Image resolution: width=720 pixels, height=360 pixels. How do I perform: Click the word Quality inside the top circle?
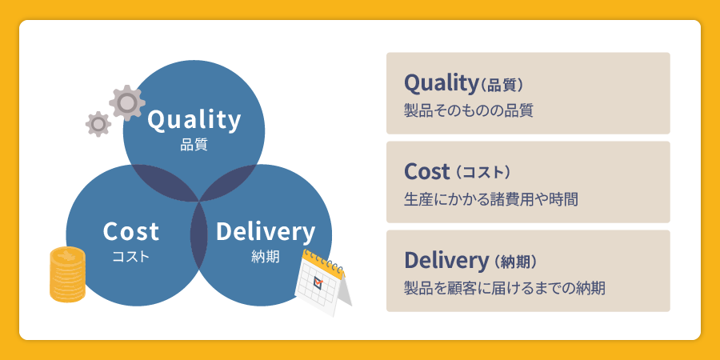point(194,120)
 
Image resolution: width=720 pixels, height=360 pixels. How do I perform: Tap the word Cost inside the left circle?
point(131,232)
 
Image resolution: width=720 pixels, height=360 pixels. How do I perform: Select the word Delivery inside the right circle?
point(265,232)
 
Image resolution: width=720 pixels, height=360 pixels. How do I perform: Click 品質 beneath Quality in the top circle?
point(194,146)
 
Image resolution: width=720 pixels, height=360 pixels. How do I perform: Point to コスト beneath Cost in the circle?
point(131,257)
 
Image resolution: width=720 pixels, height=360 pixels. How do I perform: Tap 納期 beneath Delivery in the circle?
point(265,257)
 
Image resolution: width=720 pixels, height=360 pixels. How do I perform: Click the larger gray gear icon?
point(126,102)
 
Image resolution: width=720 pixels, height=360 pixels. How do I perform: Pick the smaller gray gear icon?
point(98,123)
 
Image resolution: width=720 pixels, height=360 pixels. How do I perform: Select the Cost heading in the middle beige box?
point(428,171)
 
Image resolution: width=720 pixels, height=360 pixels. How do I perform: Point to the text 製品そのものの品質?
point(469,110)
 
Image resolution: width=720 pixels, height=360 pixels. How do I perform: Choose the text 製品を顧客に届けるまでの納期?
point(505,287)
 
